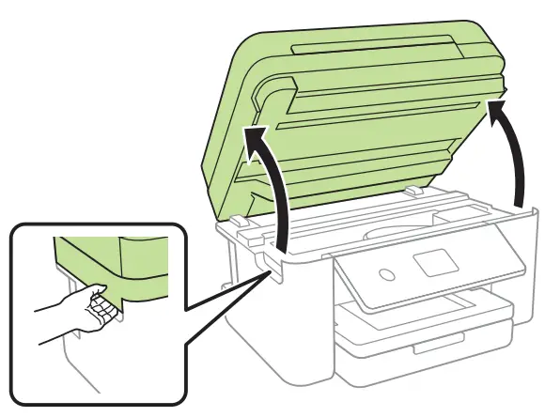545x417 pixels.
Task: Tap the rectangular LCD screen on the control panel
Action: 436,262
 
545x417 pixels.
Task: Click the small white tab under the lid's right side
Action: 413,191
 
